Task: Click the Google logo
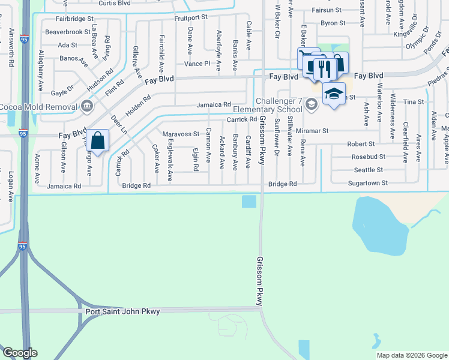(19, 353)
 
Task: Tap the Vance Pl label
(197, 63)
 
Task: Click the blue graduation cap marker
(334, 94)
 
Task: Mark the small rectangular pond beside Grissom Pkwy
(249, 202)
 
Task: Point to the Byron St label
(333, 23)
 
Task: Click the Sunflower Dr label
(277, 146)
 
